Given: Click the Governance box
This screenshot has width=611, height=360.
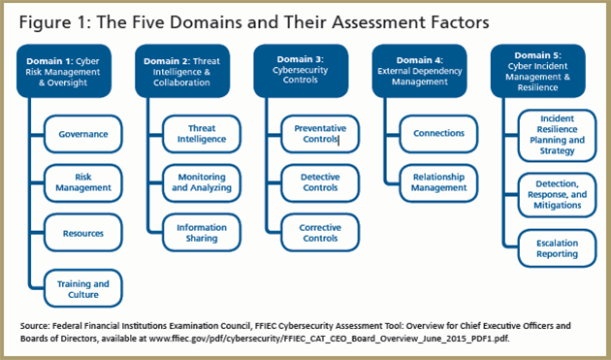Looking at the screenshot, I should point(82,133).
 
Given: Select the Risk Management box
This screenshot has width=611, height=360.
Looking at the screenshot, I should point(82,183).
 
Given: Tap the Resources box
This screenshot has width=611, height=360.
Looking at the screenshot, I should point(82,234).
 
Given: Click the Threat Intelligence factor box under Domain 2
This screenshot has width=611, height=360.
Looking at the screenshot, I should point(201,133).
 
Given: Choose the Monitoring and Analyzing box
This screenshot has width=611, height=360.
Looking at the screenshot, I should point(201,183).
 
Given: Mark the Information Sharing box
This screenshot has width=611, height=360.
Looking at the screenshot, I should point(201,232).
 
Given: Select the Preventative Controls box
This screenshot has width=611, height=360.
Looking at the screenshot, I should point(320,133).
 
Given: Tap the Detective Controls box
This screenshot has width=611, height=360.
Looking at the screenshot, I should point(320,183).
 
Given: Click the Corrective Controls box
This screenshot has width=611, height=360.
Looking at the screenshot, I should point(320,232).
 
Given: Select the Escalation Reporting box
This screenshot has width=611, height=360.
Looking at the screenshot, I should point(557,247).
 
